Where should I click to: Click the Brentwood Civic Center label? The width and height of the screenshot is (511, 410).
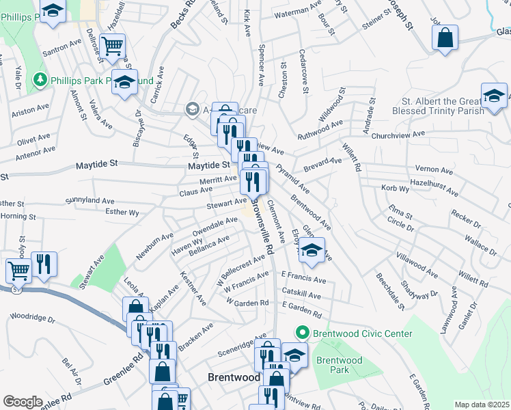click(363, 333)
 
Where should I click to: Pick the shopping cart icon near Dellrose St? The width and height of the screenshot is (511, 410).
click(112, 46)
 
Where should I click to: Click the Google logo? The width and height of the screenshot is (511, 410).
click(23, 402)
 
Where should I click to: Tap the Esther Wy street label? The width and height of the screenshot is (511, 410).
click(122, 213)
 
